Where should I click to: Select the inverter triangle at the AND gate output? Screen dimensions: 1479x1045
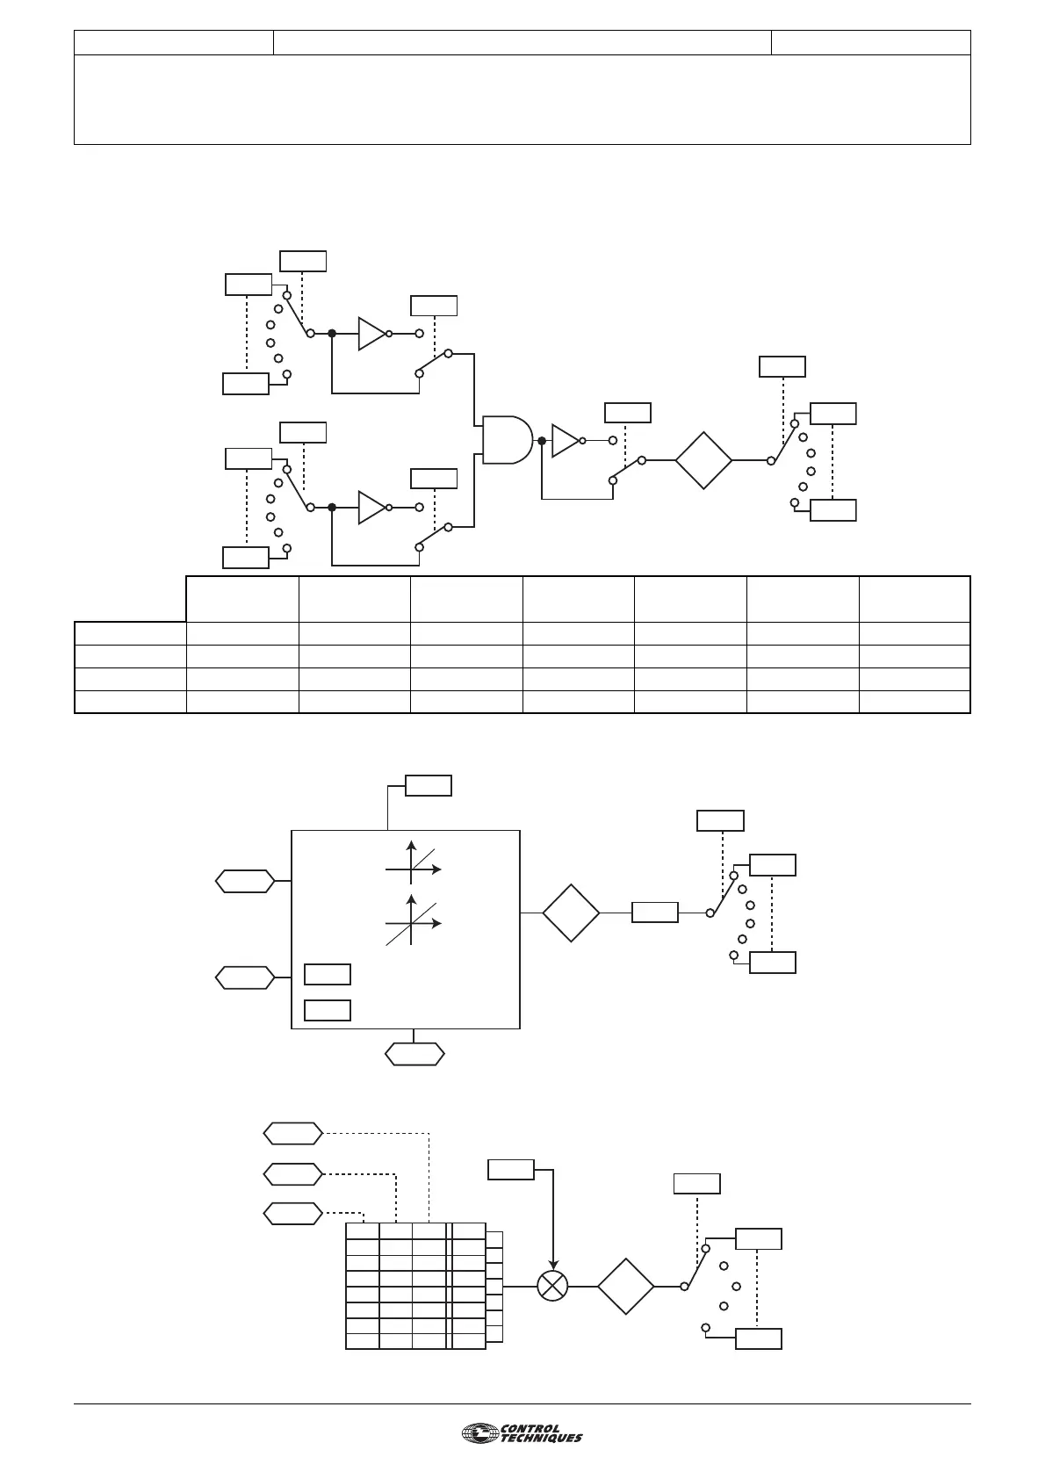[565, 440]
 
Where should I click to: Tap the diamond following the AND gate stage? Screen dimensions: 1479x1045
[703, 459]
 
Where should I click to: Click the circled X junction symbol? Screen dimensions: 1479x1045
[552, 1286]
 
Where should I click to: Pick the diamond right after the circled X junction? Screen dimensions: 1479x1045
[626, 1286]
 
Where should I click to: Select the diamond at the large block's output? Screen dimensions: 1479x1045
[571, 913]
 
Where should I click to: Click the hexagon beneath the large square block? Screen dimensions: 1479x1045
[415, 1053]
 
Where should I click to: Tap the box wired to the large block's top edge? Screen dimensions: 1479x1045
[429, 785]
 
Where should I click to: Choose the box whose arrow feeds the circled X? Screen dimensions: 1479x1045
[511, 1169]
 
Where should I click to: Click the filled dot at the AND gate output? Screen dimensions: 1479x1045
[542, 440]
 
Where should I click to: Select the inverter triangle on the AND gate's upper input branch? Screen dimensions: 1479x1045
[371, 334]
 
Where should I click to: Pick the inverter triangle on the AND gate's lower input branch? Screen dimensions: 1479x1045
[371, 507]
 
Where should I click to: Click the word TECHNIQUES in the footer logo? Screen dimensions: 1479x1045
[541, 1439]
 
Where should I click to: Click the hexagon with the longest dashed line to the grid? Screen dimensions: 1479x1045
[292, 1133]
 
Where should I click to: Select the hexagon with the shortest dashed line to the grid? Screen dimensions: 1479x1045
[292, 1213]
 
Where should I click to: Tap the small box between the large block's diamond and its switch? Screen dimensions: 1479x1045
[655, 913]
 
